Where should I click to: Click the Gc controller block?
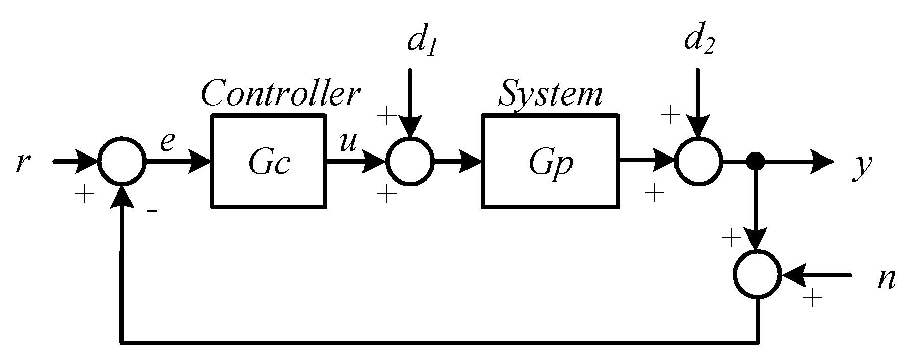268,161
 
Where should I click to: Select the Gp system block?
551,161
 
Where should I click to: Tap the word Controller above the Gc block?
281,93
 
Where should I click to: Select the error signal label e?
167,142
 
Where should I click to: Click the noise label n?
887,279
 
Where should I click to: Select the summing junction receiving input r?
122,161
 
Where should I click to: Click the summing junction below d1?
410,161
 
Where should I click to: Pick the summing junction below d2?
698,161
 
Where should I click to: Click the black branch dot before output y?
756,162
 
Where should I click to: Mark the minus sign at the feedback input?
151,210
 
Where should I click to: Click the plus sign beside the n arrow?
812,298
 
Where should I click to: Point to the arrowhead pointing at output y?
823,162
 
